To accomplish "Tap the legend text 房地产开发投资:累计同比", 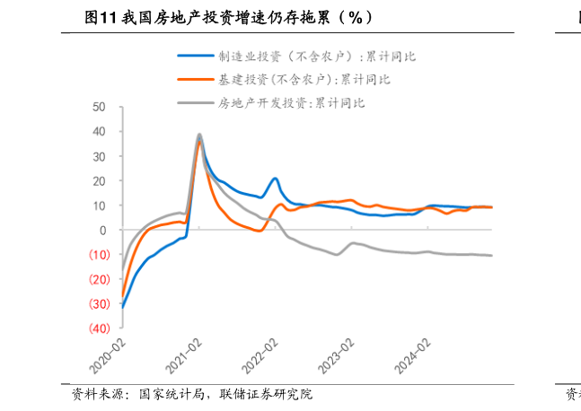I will pos(291,102).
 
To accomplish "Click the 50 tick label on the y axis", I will pos(99,107).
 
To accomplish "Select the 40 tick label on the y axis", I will pos(99,131).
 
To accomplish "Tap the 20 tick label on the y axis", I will pos(99,180).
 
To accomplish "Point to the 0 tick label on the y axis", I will pos(102,230).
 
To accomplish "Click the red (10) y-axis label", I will pos(97,255).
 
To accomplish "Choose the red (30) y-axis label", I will pos(97,304).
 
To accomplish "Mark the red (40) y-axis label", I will pos(97,328).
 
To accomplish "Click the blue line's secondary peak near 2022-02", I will pos(275,179).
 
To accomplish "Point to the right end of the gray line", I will pos(490,256).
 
